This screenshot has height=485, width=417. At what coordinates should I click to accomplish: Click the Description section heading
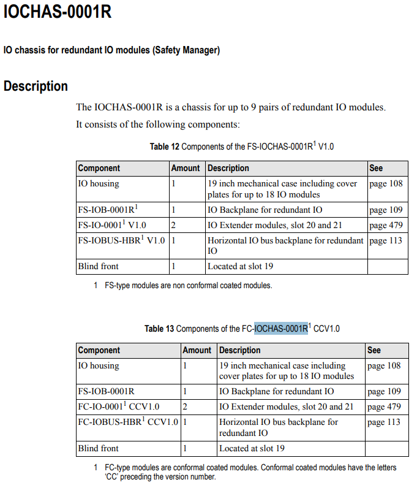[36, 86]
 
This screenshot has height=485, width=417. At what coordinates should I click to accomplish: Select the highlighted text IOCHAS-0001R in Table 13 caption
[280, 329]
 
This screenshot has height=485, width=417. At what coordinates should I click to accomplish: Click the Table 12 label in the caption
[164, 147]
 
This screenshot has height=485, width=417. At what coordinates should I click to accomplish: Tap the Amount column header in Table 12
[186, 168]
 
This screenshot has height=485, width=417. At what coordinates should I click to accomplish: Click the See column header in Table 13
[374, 350]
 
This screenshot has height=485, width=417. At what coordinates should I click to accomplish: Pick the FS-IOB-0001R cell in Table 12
[107, 210]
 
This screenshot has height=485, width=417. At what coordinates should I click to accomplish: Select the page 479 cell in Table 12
[386, 225]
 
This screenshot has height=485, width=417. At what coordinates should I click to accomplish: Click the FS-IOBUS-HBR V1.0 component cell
[121, 240]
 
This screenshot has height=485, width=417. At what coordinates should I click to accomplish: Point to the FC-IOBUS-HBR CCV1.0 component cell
[128, 422]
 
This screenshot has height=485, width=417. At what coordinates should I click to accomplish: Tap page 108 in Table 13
[384, 365]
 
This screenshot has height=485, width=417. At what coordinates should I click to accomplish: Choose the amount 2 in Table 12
[173, 225]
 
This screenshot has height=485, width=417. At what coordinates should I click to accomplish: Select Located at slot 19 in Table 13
[252, 448]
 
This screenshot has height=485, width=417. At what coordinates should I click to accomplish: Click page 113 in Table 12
[386, 240]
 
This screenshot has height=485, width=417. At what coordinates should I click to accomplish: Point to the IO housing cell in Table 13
[98, 365]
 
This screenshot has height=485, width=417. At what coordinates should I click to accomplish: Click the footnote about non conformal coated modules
[188, 285]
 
